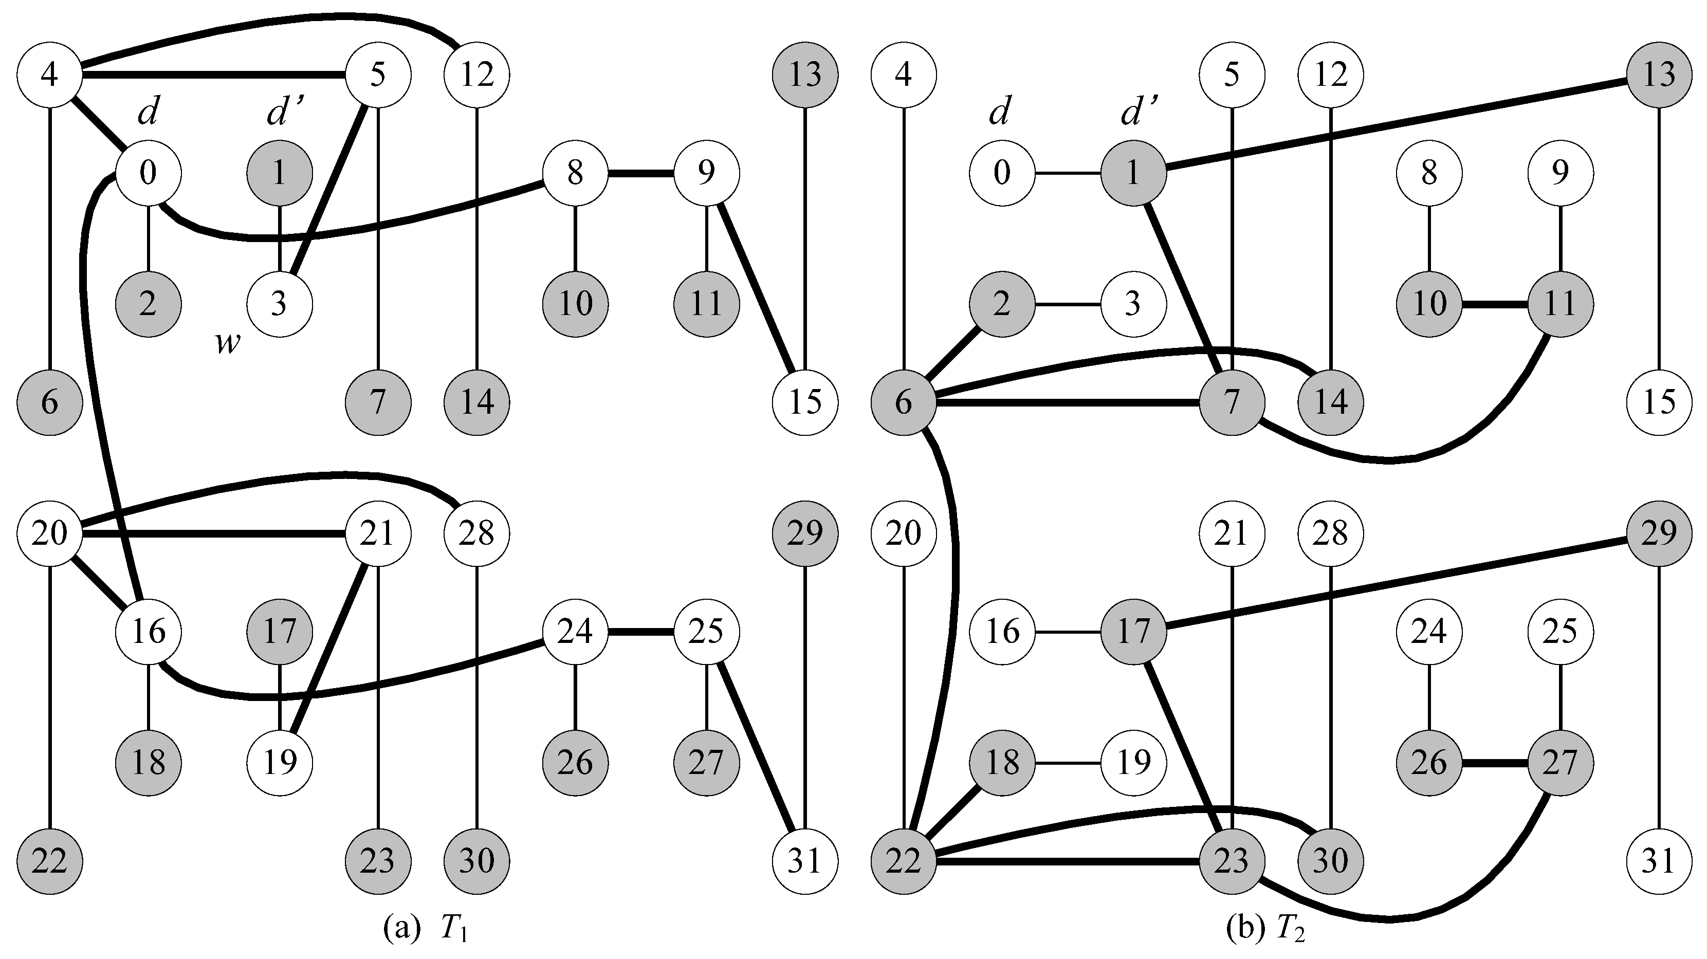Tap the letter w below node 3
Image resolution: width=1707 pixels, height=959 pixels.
227,343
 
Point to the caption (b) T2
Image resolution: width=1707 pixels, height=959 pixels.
1265,929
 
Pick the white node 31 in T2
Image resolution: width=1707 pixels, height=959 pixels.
1659,861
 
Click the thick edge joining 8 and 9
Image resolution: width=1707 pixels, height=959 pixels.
641,173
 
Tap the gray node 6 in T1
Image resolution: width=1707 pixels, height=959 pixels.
50,402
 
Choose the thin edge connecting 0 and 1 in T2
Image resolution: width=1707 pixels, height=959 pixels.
1068,173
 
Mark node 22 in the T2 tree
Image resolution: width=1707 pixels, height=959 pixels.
903,861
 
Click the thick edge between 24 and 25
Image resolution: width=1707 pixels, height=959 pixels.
641,632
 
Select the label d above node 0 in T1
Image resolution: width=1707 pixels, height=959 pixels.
148,113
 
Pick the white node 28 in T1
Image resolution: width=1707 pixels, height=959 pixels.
477,533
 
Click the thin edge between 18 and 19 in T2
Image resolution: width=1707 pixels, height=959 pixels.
1068,763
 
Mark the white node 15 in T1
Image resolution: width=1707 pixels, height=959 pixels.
805,402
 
